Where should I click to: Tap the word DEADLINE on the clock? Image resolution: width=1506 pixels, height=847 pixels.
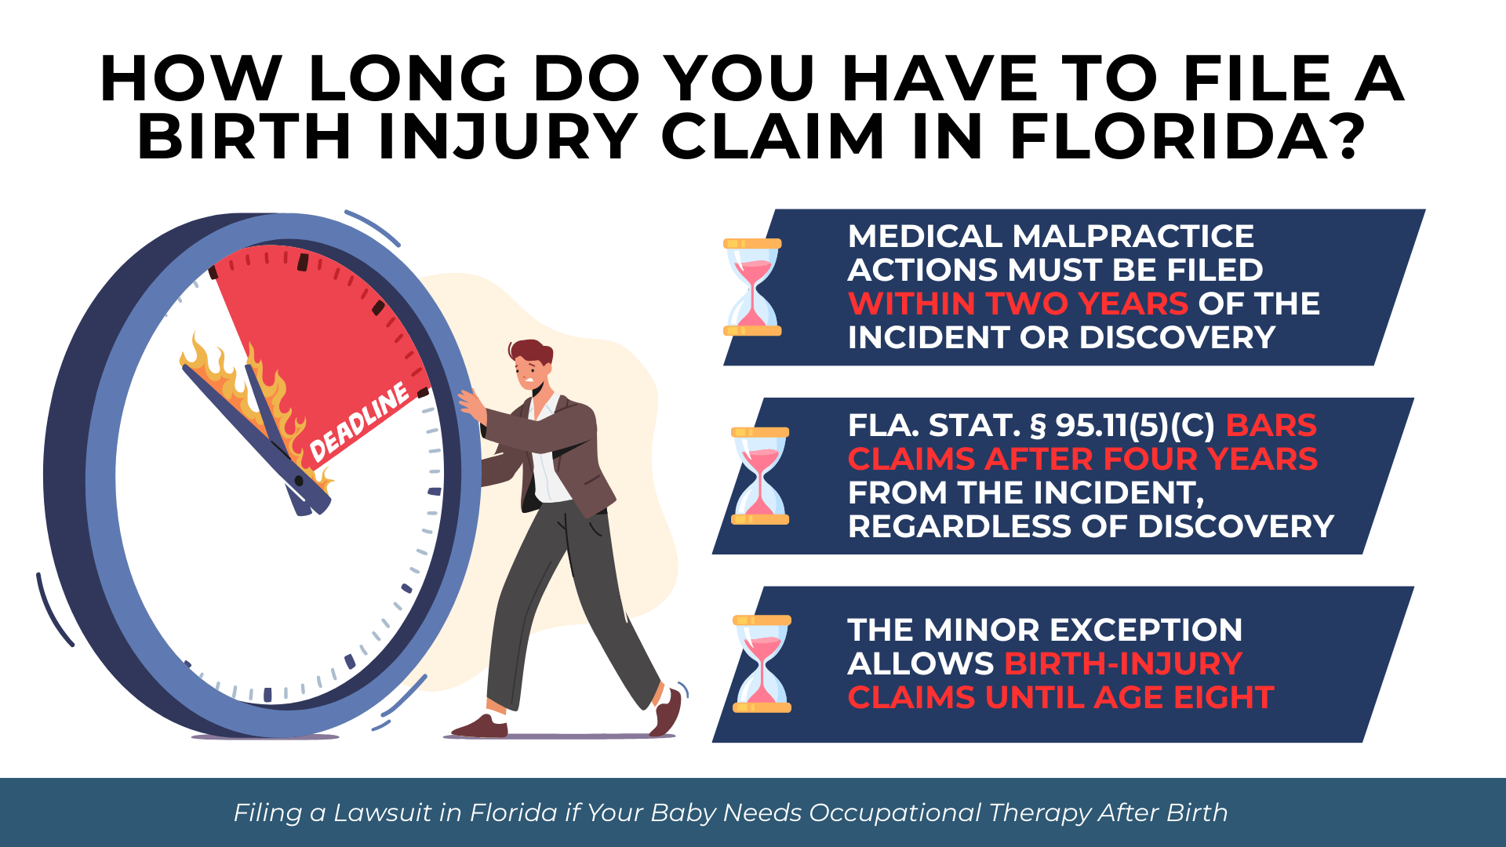pos(359,423)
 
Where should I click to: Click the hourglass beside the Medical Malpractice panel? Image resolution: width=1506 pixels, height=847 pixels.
pos(752,287)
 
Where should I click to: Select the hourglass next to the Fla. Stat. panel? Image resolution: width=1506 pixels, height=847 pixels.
pos(759,476)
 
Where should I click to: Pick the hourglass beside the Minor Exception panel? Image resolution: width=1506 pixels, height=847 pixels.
pos(762,664)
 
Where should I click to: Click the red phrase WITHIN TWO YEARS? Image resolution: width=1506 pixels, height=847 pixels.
pos(1018,304)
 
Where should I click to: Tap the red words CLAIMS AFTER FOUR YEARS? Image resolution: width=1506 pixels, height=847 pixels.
pos(1082,460)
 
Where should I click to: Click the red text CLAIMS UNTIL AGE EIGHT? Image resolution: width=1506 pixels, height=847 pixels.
pos(1060,697)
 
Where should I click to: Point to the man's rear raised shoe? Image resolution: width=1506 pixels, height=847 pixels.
pos(668,712)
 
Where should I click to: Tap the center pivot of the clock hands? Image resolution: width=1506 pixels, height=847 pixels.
pos(299,481)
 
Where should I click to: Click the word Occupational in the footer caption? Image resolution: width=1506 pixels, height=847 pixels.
pos(894,812)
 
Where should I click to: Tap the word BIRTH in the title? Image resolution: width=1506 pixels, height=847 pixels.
pos(244,137)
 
